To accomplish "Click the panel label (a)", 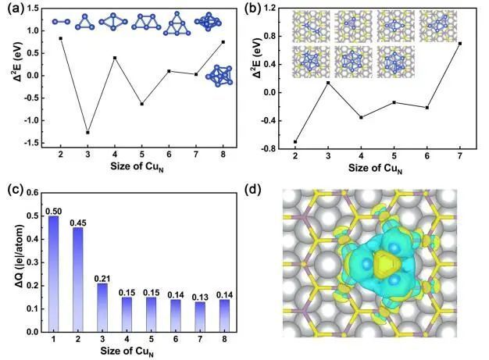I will (x=12, y=11).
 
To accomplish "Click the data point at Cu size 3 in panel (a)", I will (x=87, y=133).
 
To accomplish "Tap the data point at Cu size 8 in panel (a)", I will (x=223, y=42).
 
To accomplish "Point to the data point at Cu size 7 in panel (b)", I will (x=460, y=44).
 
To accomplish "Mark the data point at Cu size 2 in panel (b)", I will (x=294, y=141).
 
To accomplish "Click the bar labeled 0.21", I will (x=102, y=307).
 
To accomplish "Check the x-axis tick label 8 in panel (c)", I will (x=223, y=340).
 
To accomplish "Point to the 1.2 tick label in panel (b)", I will (x=273, y=9).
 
